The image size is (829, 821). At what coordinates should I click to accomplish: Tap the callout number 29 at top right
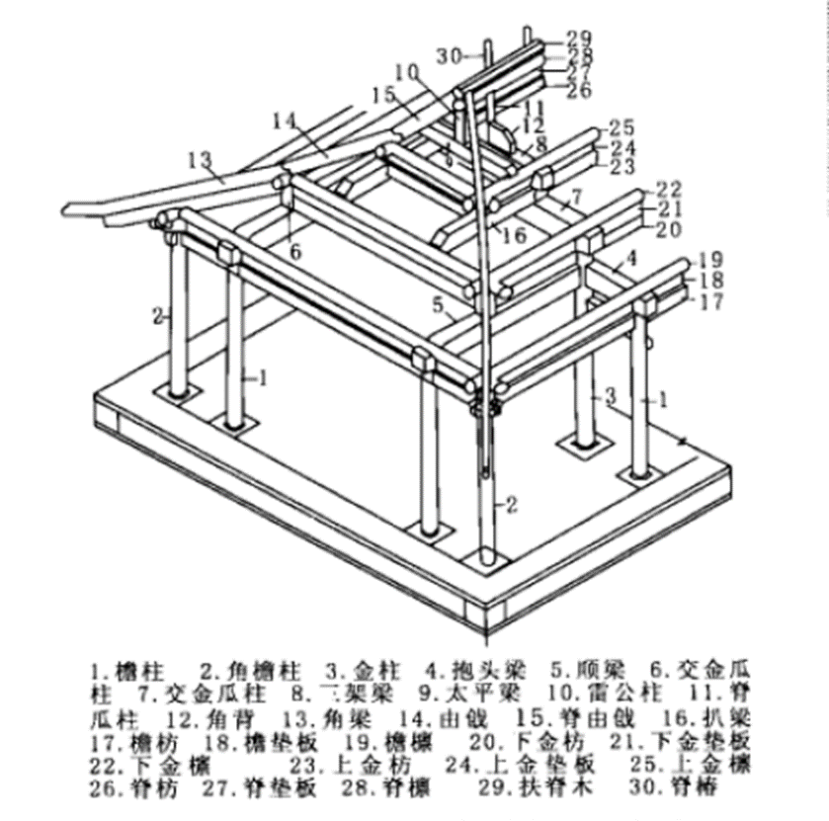pos(578,38)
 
